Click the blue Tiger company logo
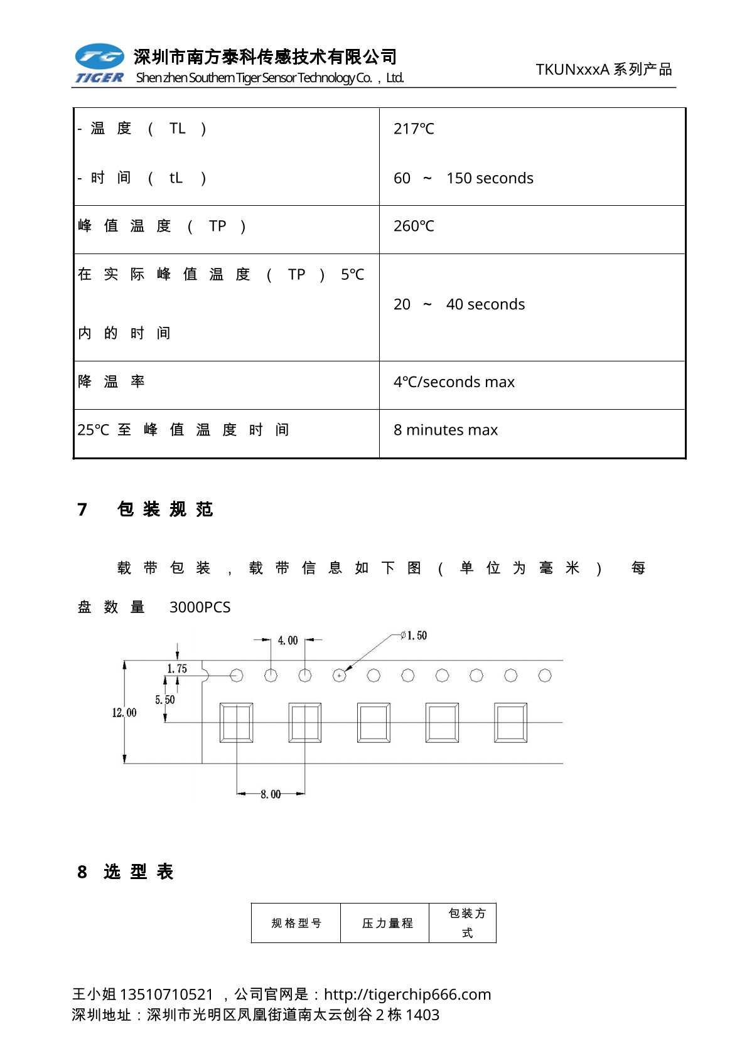(99, 63)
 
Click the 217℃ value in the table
(414, 129)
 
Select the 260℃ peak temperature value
(414, 226)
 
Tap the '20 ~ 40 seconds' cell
(459, 304)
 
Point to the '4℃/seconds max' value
(454, 381)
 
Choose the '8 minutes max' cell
(445, 430)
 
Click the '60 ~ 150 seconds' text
(463, 178)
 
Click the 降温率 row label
(112, 381)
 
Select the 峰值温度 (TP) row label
(162, 226)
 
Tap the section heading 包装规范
(165, 509)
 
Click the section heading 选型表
(138, 872)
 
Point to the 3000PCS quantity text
(200, 607)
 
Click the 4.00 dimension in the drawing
(288, 640)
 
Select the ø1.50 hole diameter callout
(414, 636)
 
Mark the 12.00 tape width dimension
(124, 713)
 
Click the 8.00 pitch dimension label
(271, 794)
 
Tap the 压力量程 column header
(387, 923)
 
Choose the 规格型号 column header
(296, 923)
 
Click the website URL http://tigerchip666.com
(407, 994)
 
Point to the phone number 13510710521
(166, 994)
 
